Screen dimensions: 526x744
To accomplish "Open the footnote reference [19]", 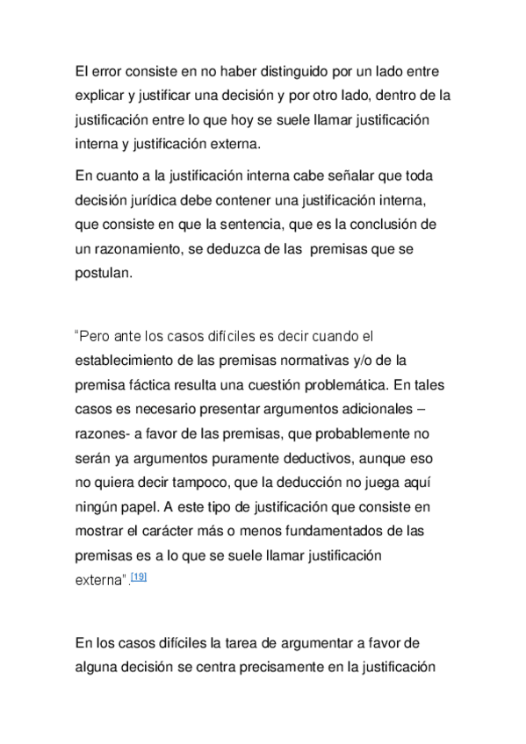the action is [138, 576].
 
